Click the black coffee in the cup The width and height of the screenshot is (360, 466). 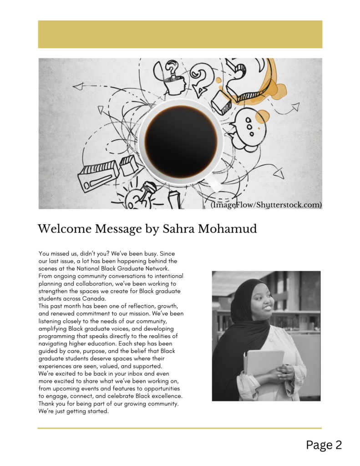pyautogui.click(x=181, y=141)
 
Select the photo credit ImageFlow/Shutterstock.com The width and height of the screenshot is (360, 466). pyautogui.click(x=266, y=205)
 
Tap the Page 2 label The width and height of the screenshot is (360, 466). pyautogui.click(x=324, y=445)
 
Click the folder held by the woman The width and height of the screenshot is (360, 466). pyautogui.click(x=264, y=364)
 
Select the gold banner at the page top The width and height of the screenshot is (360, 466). pyautogui.click(x=180, y=34)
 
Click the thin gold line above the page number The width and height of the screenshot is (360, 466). pyautogui.click(x=180, y=428)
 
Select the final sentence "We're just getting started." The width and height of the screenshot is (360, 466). pyautogui.click(x=74, y=411)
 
